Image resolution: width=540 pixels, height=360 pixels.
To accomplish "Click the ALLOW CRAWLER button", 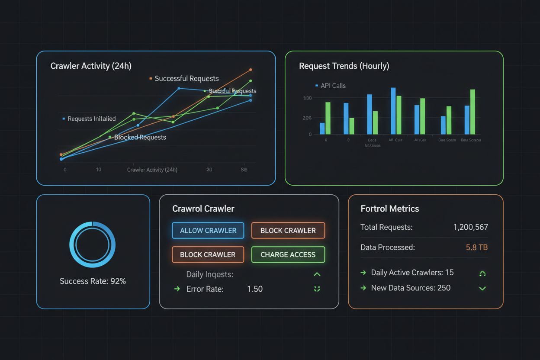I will (x=208, y=231).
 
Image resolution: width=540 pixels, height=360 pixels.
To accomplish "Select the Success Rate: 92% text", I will (x=93, y=281).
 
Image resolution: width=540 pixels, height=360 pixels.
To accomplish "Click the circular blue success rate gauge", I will (x=93, y=244).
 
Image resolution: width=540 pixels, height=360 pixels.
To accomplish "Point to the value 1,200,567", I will (x=470, y=227).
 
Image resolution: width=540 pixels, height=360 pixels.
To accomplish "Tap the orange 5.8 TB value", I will (x=477, y=247).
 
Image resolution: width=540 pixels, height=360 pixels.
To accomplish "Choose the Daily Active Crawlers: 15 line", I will (x=412, y=273).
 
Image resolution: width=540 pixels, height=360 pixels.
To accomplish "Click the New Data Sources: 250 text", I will (x=411, y=288).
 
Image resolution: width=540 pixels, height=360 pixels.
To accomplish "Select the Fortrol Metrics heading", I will (x=389, y=209).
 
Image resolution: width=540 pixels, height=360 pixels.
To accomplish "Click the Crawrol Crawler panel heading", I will (x=203, y=209).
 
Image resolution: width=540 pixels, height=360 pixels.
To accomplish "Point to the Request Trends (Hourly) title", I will (x=344, y=66).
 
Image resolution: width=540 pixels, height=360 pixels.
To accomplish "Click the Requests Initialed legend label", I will (x=91, y=119).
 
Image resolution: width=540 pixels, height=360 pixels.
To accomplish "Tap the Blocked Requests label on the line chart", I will (x=140, y=137).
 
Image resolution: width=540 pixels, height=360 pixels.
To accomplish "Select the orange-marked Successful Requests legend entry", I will (x=186, y=78).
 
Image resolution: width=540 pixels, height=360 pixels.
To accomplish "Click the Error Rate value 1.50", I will (x=254, y=289).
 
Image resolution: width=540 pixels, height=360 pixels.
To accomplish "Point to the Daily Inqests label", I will (x=209, y=274).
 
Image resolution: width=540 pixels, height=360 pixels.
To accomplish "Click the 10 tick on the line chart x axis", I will (x=99, y=170).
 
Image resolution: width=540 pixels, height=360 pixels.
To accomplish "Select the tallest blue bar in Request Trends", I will (x=393, y=111).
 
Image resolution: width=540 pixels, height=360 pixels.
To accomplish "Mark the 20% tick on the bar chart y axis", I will (x=307, y=118).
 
